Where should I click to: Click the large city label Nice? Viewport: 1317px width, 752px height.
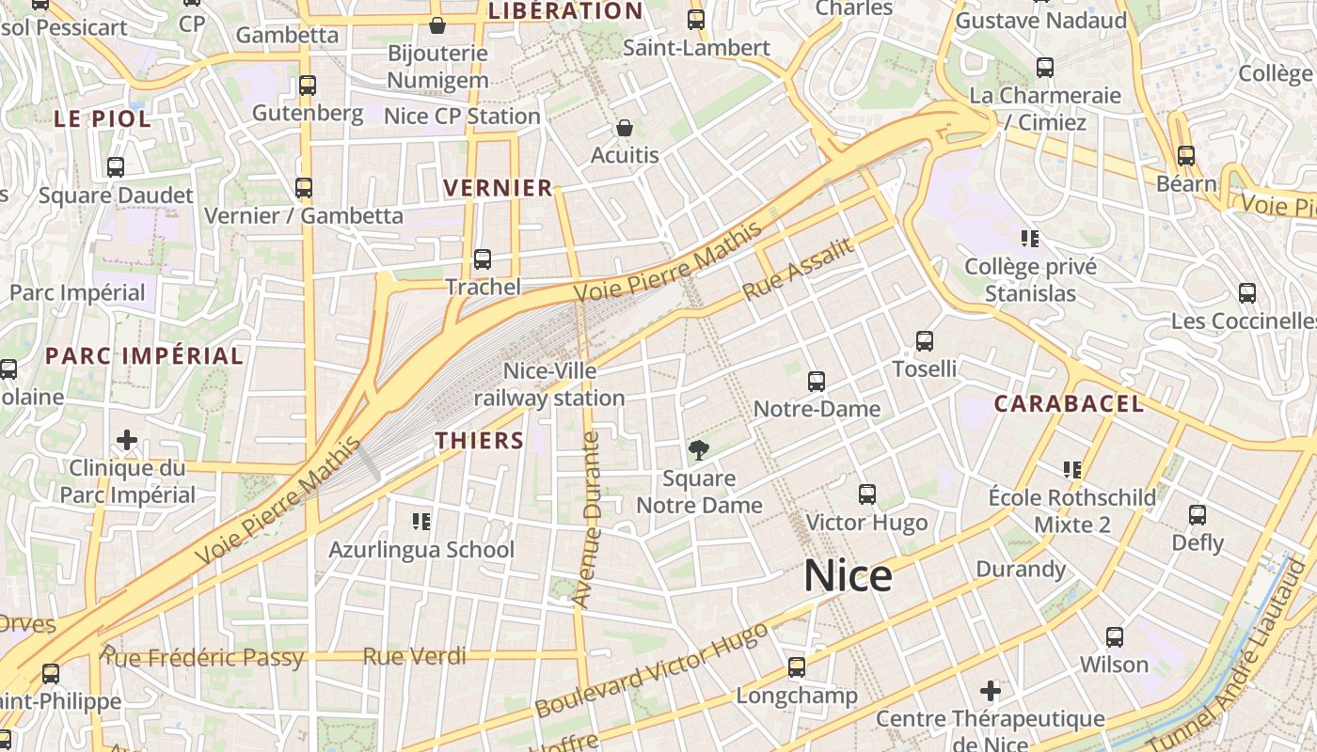(848, 575)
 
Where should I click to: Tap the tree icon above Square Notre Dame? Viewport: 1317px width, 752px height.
(699, 450)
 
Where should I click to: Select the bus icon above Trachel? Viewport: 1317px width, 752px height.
(483, 259)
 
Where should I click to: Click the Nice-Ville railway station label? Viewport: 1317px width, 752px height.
(549, 384)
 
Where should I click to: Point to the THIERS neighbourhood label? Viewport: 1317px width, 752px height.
(480, 440)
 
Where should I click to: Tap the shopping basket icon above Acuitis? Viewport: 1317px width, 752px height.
(625, 128)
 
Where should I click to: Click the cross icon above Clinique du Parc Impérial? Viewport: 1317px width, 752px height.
(127, 439)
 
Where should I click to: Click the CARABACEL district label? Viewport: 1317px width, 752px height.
(1070, 404)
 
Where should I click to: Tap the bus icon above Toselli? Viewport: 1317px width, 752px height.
(925, 341)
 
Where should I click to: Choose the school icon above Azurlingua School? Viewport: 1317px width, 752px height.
(421, 521)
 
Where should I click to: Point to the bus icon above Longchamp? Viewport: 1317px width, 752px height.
(797, 667)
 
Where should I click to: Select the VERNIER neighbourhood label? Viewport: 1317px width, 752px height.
(499, 188)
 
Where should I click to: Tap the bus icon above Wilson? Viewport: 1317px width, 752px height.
(1115, 637)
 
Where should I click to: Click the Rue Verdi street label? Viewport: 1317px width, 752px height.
(415, 656)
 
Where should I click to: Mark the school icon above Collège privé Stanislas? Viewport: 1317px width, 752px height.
(1030, 239)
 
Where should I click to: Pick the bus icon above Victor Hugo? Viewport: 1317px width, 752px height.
(867, 494)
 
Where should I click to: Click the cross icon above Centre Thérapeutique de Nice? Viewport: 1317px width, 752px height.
(991, 691)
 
